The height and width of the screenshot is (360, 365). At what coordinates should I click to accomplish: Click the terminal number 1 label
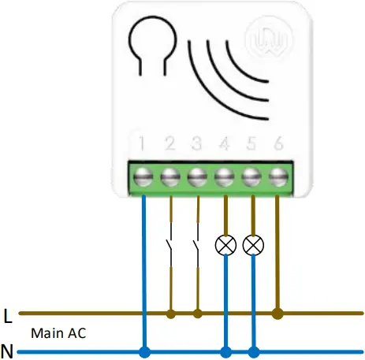[143, 144]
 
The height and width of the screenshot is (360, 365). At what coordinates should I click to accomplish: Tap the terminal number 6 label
[277, 144]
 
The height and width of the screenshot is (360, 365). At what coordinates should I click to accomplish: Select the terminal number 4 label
[225, 144]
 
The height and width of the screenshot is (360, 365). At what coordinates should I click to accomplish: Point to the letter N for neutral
[8, 350]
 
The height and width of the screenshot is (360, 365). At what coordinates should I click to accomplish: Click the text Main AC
[58, 333]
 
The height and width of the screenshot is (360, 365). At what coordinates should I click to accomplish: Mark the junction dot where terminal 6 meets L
[277, 314]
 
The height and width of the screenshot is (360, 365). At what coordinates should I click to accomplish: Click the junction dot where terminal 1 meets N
[144, 350]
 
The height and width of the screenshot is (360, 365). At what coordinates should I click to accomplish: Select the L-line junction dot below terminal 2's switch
[170, 314]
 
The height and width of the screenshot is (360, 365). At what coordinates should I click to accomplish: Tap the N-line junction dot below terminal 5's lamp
[253, 350]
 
